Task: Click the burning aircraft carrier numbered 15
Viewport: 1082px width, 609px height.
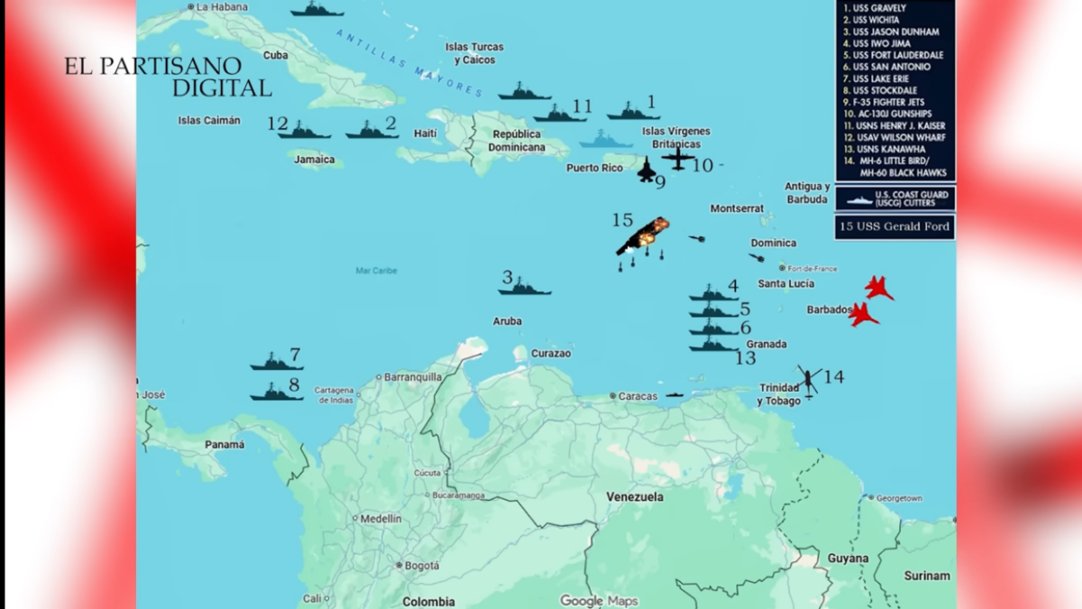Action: pyautogui.click(x=642, y=236)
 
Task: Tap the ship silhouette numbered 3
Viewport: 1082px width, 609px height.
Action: pyautogui.click(x=524, y=289)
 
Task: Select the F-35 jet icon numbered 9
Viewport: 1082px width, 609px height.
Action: pyautogui.click(x=646, y=169)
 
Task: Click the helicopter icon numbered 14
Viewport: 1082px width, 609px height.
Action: pyautogui.click(x=808, y=379)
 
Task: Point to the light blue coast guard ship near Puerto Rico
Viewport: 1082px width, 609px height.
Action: pyautogui.click(x=606, y=141)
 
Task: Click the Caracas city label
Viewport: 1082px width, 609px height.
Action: pyautogui.click(x=637, y=396)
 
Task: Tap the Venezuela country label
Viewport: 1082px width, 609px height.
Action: pyautogui.click(x=635, y=497)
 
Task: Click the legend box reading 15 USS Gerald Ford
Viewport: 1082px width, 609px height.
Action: pyautogui.click(x=894, y=226)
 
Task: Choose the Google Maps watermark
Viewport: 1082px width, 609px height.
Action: pyautogui.click(x=599, y=601)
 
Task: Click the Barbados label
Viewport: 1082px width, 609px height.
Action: pyautogui.click(x=829, y=309)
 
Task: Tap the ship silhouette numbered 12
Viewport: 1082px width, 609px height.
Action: pyautogui.click(x=304, y=132)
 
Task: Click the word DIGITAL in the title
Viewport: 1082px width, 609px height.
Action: pyautogui.click(x=222, y=88)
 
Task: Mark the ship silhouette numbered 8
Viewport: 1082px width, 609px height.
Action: pyautogui.click(x=276, y=393)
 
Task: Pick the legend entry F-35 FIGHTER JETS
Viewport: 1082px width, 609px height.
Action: pyautogui.click(x=888, y=102)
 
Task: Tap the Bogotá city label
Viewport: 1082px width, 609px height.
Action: pyautogui.click(x=421, y=566)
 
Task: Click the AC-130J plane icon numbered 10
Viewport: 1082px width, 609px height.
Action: pyautogui.click(x=677, y=159)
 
